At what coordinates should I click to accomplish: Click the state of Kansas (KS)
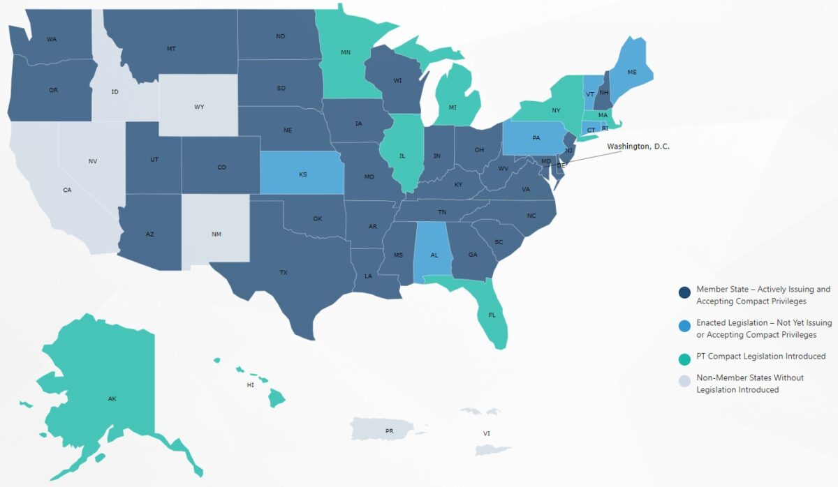302,174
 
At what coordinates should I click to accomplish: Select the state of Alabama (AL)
434,255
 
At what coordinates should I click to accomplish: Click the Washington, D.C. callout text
638,147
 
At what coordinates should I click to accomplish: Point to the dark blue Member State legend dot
685,292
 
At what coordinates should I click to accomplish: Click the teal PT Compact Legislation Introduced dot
685,357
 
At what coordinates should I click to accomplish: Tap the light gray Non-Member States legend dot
685,381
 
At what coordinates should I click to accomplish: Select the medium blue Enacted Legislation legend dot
685,326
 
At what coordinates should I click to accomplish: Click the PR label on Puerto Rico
389,431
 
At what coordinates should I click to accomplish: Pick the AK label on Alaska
112,399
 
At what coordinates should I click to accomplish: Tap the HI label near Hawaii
250,385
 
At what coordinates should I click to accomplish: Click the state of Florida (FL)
492,315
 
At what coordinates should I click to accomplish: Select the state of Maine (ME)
632,73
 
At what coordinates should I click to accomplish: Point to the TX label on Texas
284,273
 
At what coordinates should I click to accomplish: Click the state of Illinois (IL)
402,156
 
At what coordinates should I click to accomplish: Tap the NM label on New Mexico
216,234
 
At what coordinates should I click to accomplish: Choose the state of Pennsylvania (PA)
536,138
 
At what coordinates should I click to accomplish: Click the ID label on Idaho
115,92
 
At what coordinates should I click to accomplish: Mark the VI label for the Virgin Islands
487,434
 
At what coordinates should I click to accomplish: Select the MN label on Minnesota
345,52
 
